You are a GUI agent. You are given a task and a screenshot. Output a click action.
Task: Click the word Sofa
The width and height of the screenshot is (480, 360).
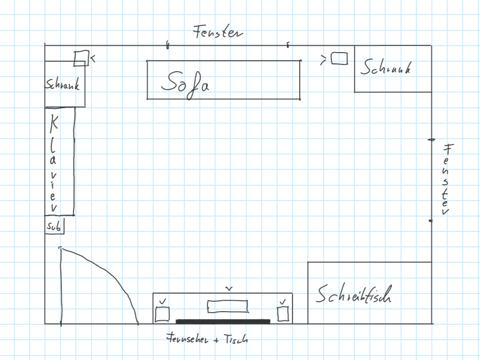pos(185,82)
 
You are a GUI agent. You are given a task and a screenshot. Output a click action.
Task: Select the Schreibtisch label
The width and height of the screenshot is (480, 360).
pos(353,295)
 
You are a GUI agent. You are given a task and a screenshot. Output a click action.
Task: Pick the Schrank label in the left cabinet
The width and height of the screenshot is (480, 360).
pos(62,84)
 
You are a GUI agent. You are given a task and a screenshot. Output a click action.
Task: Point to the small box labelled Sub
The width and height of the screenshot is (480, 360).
pos(54,226)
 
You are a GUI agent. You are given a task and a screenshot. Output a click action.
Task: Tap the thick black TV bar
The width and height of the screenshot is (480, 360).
pos(223,322)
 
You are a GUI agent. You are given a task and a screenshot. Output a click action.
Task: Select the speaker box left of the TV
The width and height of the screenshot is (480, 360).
pos(162,314)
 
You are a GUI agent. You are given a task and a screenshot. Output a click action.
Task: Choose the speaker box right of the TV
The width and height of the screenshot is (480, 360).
pos(283,314)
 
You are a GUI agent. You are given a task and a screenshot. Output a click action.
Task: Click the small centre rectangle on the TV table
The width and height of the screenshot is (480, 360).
pos(228,307)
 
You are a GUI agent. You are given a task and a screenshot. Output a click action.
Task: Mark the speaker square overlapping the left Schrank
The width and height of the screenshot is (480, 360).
pos(81,58)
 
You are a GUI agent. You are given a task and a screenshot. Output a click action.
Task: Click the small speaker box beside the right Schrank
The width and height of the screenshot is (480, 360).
pos(339,58)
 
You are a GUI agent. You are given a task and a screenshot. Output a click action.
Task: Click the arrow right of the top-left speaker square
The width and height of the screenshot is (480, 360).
pos(93,58)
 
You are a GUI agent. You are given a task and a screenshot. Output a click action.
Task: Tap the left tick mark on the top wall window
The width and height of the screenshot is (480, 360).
pos(167,45)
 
